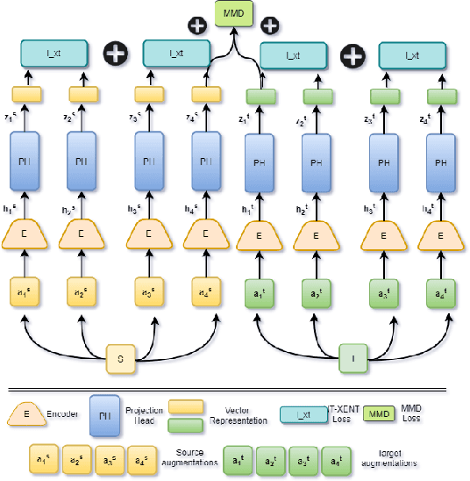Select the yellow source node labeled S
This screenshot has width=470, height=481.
point(119,357)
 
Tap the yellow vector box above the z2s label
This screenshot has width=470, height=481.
point(83,93)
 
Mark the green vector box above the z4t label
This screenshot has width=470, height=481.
point(438,94)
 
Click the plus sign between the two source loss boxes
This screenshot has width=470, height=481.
point(115,54)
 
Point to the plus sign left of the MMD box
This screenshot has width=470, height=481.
point(198,25)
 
